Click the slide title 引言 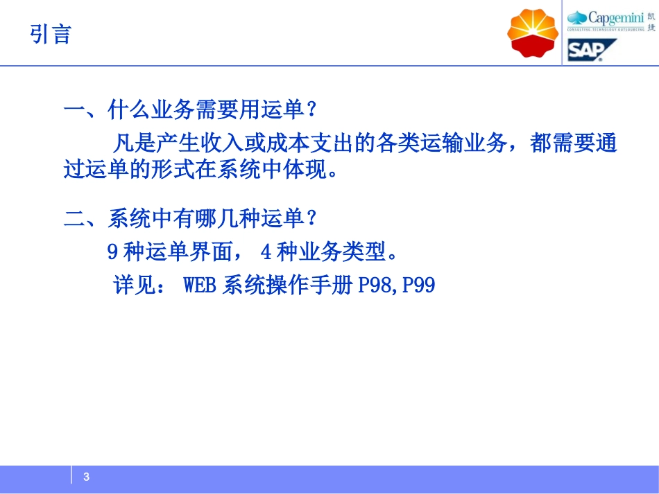[x=51, y=34]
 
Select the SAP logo [x=592, y=51]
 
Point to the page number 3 [x=87, y=477]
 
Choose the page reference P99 [x=418, y=285]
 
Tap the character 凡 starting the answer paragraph [x=123, y=144]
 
